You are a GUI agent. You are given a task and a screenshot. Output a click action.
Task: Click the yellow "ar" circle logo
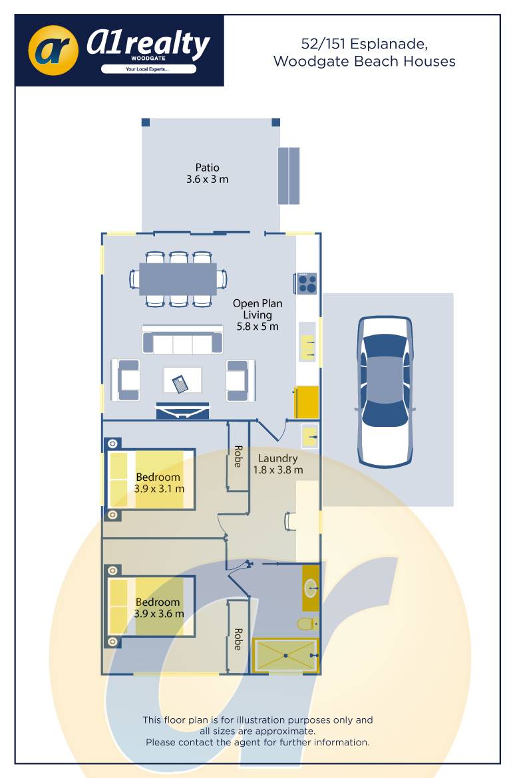pyautogui.click(x=53, y=51)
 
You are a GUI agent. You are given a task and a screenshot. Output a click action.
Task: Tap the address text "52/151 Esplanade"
pyautogui.click(x=364, y=44)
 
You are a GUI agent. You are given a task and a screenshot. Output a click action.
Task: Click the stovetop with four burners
pyautogui.click(x=307, y=283)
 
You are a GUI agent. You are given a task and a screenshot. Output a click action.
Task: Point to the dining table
pyautogui.click(x=178, y=279)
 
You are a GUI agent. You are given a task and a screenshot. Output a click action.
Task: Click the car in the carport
pyautogui.click(x=385, y=391)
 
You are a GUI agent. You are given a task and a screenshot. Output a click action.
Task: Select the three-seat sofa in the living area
pyautogui.click(x=182, y=340)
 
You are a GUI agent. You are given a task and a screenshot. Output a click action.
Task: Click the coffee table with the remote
pyautogui.click(x=182, y=380)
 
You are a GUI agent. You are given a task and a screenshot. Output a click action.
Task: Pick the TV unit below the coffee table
pyautogui.click(x=182, y=411)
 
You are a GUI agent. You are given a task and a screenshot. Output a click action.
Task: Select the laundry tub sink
pyautogui.click(x=310, y=437)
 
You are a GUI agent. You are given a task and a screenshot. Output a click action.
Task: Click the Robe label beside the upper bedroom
pyautogui.click(x=238, y=456)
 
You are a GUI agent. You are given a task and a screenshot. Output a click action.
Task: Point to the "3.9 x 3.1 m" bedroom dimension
pyautogui.click(x=159, y=489)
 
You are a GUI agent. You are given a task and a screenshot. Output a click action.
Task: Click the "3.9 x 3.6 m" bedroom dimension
pyautogui.click(x=159, y=614)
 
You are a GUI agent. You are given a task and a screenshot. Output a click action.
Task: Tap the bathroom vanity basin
pyautogui.click(x=310, y=588)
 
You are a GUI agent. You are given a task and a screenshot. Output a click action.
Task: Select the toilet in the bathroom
pyautogui.click(x=307, y=624)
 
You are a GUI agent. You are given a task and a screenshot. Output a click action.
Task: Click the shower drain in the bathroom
pyautogui.click(x=285, y=656)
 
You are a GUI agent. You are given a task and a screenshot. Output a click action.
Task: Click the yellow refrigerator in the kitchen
pyautogui.click(x=307, y=402)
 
